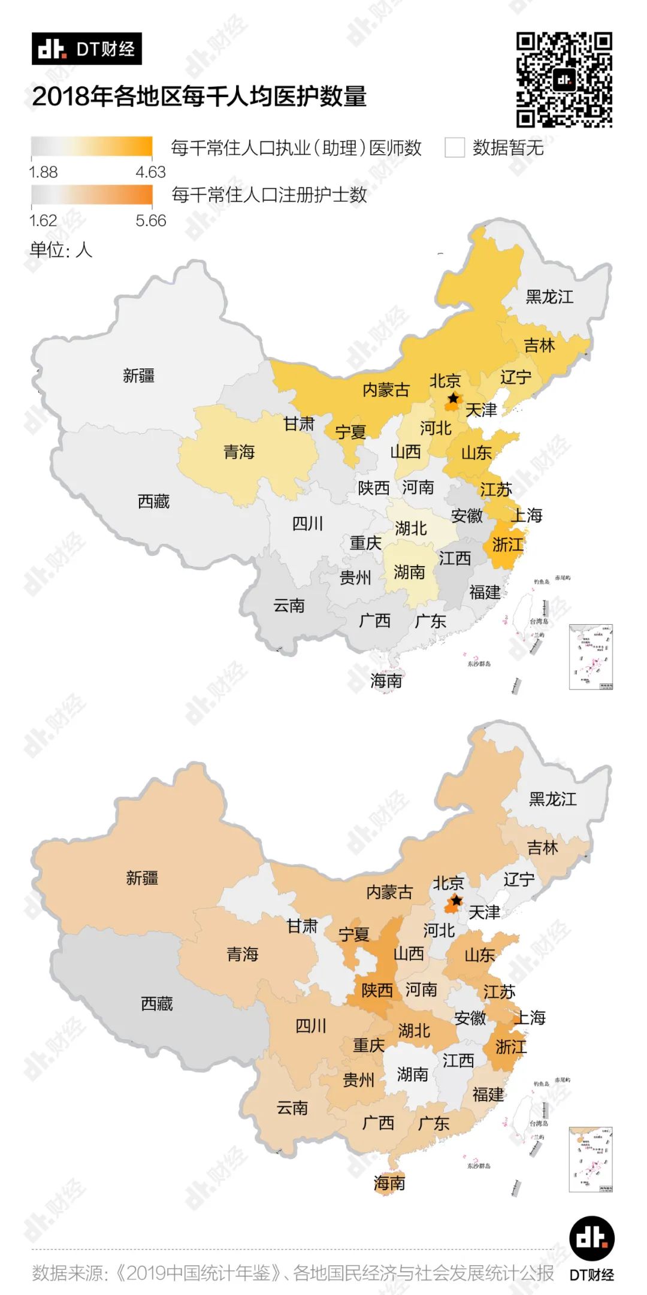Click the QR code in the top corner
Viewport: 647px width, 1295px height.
pyautogui.click(x=564, y=80)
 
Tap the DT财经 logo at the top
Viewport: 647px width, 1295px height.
pyautogui.click(x=87, y=49)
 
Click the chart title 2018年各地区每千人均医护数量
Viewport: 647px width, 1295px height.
pyautogui.click(x=199, y=96)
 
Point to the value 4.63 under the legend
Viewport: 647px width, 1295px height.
pyautogui.click(x=150, y=173)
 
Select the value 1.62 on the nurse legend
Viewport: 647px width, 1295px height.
pyautogui.click(x=43, y=221)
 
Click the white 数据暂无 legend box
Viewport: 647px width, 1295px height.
pyautogui.click(x=455, y=147)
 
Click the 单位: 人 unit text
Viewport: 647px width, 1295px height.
pyautogui.click(x=61, y=250)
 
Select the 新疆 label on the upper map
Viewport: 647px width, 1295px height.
pyautogui.click(x=138, y=376)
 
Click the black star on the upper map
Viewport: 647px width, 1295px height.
pyautogui.click(x=453, y=398)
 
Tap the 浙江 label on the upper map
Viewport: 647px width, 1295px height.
pyautogui.click(x=507, y=544)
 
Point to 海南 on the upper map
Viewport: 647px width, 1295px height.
pyautogui.click(x=386, y=680)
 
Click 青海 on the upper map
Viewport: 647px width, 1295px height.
pyautogui.click(x=239, y=452)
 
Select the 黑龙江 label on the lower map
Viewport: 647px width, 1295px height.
pyautogui.click(x=552, y=799)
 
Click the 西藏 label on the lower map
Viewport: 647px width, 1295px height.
pyautogui.click(x=157, y=1003)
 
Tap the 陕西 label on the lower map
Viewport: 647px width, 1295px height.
pyautogui.click(x=377, y=990)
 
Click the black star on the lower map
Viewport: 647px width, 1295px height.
pyautogui.click(x=456, y=901)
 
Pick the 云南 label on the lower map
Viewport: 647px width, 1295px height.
pyautogui.click(x=292, y=1108)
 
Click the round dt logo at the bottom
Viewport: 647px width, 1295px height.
pyautogui.click(x=591, y=1237)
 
